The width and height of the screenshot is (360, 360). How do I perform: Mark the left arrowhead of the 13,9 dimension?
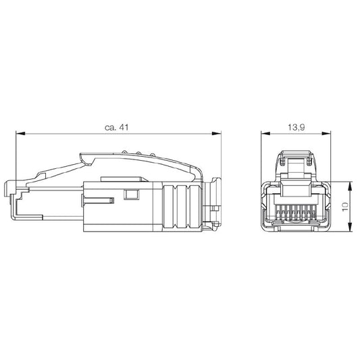tap(265, 134)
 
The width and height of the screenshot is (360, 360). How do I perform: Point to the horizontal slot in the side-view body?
tap(99, 200)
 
